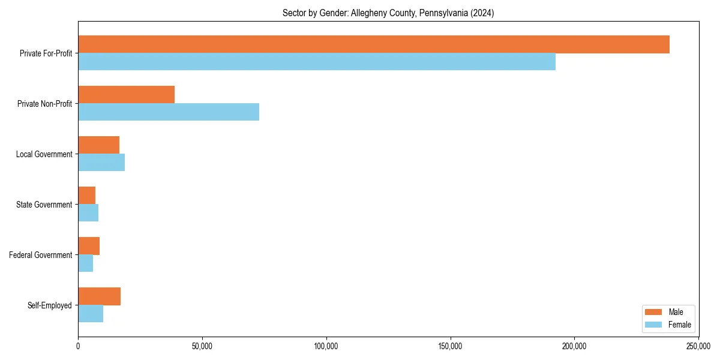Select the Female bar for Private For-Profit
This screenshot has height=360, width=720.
coord(316,62)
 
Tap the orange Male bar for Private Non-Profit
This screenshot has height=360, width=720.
coord(126,95)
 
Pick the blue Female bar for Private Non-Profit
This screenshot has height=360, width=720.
coord(168,112)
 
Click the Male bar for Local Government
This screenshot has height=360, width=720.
coord(98,145)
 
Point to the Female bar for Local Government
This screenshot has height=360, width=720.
coord(101,163)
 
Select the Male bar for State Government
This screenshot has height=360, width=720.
coord(86,196)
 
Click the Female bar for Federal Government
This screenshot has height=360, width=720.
coord(85,263)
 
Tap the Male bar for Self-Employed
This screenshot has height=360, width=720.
coord(99,296)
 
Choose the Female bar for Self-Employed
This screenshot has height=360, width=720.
coord(90,314)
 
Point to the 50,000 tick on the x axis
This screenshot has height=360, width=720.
coord(202,346)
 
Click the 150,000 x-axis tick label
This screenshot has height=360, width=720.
coord(450,346)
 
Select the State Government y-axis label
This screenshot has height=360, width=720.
coord(44,205)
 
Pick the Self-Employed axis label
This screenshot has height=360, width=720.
coord(49,305)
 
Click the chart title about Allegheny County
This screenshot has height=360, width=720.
coord(388,13)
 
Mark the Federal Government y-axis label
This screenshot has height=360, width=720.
coord(41,255)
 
